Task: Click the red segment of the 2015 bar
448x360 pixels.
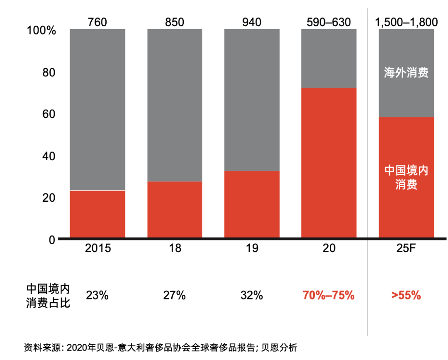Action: tap(97, 214)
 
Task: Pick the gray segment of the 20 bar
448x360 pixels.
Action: tap(329, 58)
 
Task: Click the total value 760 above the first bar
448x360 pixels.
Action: tap(97, 22)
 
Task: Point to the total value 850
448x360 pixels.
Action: tap(175, 22)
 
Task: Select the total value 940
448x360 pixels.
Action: tap(252, 22)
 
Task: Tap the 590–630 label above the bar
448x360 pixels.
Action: tap(329, 22)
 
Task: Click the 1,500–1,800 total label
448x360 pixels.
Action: tap(406, 22)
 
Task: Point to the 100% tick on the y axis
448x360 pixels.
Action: tap(41, 31)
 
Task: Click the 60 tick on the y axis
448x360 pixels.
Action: tap(49, 114)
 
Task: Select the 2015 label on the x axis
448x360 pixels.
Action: tap(97, 248)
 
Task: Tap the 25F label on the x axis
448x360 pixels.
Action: tap(406, 248)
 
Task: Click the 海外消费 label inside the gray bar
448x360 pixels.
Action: tap(406, 73)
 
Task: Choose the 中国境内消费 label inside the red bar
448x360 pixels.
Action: tap(406, 177)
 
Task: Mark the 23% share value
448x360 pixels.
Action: tap(97, 296)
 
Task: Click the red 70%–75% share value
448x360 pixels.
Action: tap(329, 296)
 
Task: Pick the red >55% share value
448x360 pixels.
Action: tap(406, 296)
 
